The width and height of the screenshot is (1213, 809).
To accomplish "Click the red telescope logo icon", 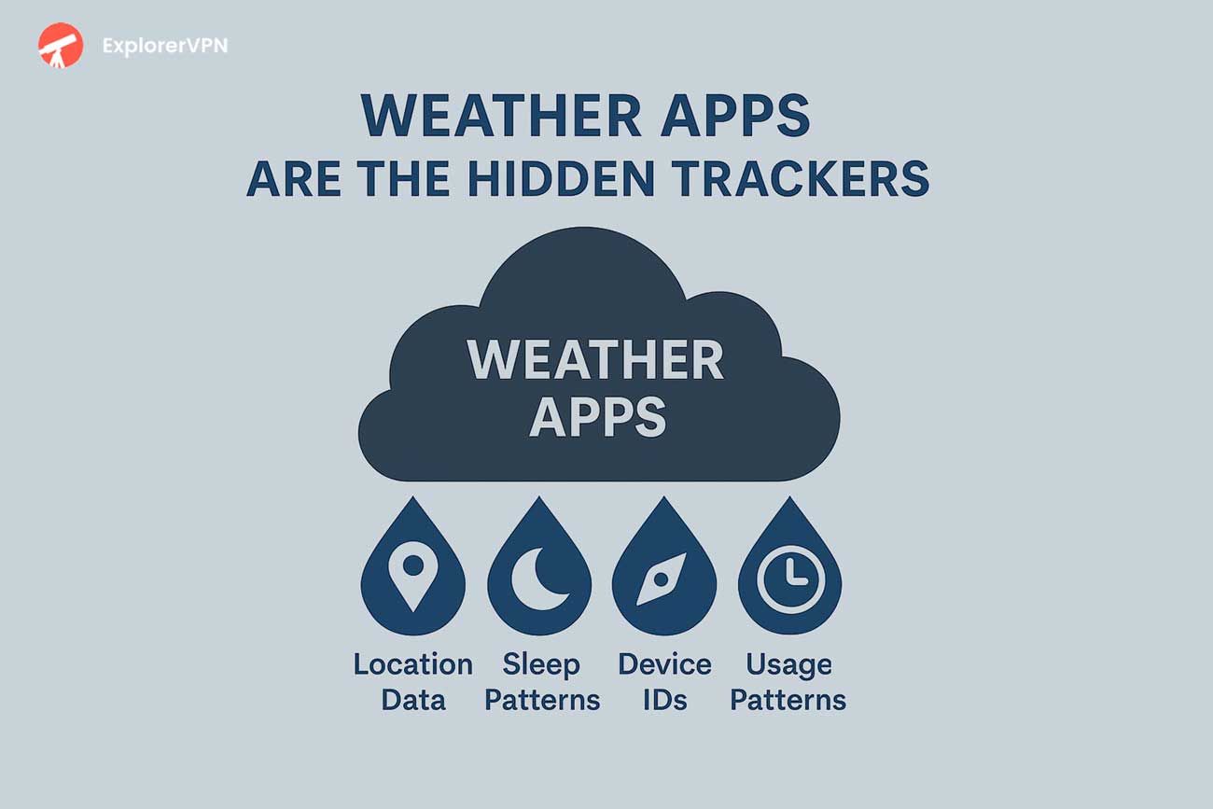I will coord(59,45).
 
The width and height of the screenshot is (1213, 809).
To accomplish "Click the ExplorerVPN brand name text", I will coord(164,46).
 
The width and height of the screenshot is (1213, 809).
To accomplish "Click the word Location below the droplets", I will coord(412,664).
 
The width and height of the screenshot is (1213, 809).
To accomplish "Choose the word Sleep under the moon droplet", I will coord(541,664).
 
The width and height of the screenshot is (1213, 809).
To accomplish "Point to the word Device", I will coord(664,664).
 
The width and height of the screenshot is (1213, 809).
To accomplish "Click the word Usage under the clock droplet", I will coord(788,664).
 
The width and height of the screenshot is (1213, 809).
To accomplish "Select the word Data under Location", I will coord(413,700).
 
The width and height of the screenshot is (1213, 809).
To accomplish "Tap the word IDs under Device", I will coord(664,700).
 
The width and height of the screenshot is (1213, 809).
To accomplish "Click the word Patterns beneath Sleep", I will coord(541,700).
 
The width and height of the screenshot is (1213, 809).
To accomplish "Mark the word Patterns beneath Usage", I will coord(788,700).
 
